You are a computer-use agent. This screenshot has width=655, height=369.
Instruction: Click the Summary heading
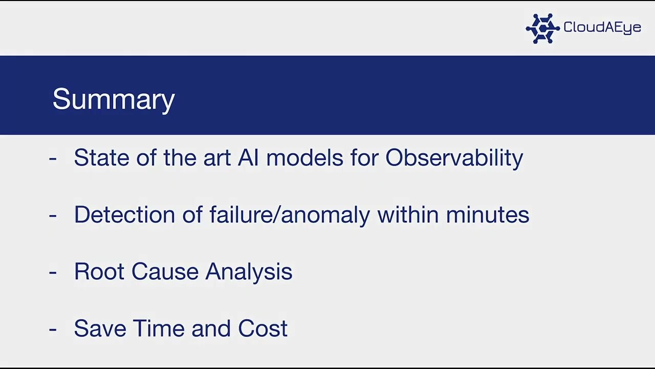tap(114, 99)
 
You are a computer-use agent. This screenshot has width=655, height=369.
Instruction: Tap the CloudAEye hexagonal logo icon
tap(542, 28)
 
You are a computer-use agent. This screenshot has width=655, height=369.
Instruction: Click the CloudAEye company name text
tap(602, 27)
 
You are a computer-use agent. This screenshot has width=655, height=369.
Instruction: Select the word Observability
tap(454, 158)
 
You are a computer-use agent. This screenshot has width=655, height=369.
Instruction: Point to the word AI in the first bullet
tap(248, 158)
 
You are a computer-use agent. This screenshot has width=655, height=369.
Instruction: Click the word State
tap(101, 158)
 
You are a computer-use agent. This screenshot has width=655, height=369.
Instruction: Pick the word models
tap(304, 158)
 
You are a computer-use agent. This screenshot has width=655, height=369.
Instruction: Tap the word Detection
tap(124, 215)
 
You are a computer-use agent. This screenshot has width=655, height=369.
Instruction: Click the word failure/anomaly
tap(290, 215)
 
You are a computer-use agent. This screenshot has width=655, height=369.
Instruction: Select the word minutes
tap(487, 215)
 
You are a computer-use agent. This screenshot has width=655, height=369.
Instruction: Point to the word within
tap(408, 215)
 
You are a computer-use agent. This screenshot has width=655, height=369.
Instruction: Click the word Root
tap(99, 272)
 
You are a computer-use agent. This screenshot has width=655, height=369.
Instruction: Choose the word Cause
tap(164, 272)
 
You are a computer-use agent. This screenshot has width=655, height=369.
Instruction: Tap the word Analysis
tap(249, 272)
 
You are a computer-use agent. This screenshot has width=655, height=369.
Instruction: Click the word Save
tap(99, 329)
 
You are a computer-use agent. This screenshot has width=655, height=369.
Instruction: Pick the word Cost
tap(263, 329)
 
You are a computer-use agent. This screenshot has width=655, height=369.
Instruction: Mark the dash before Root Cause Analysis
tap(53, 272)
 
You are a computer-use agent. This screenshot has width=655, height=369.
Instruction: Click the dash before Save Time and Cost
tap(53, 329)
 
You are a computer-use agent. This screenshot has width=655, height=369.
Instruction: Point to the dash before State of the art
tap(53, 158)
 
